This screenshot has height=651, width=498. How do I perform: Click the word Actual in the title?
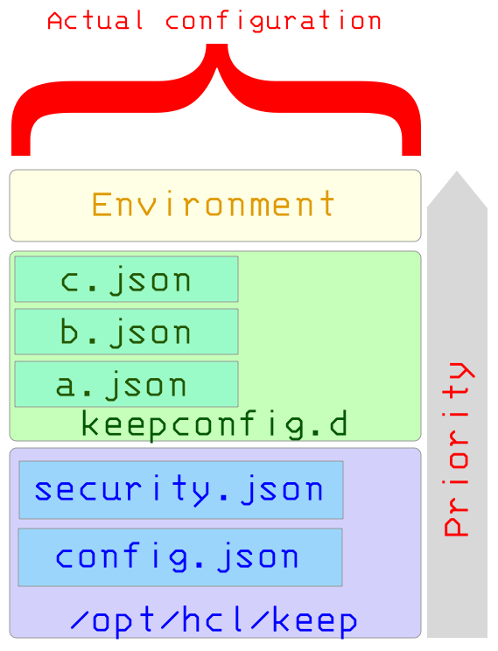click(x=95, y=21)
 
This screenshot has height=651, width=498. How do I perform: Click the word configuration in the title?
click(x=273, y=22)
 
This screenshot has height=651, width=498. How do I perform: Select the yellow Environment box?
click(x=215, y=206)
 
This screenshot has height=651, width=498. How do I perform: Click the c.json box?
click(x=127, y=279)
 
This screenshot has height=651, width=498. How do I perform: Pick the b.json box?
click(x=127, y=332)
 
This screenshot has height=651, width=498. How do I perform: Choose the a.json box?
click(x=127, y=384)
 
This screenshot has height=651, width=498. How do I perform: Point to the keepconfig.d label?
click(x=214, y=424)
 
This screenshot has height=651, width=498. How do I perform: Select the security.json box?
click(x=181, y=490)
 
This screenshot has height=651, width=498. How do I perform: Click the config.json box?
click(x=180, y=557)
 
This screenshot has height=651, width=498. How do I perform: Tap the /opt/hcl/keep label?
click(x=214, y=620)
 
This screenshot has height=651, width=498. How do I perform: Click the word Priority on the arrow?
click(x=458, y=449)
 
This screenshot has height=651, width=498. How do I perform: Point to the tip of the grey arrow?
click(x=457, y=171)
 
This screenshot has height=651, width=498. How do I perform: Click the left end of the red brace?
click(x=21, y=155)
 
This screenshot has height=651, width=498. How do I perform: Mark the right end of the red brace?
click(x=411, y=155)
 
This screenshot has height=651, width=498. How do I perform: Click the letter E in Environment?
click(x=101, y=204)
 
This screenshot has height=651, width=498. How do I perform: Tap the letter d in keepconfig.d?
click(x=338, y=423)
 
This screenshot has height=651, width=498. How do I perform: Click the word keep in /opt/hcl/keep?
click(x=314, y=620)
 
